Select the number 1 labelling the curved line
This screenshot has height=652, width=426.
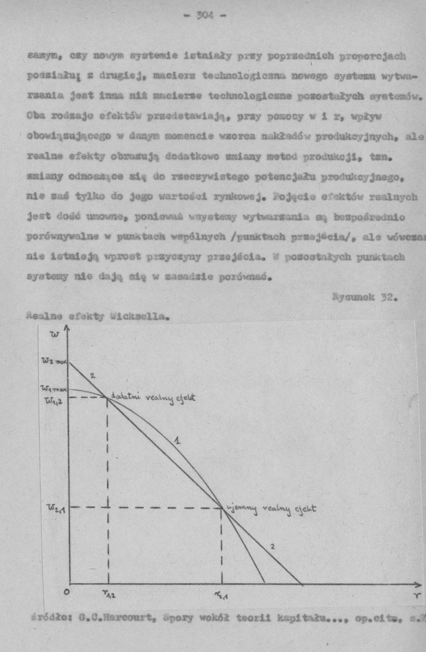click(x=177, y=441)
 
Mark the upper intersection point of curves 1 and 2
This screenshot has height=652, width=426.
click(x=107, y=398)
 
